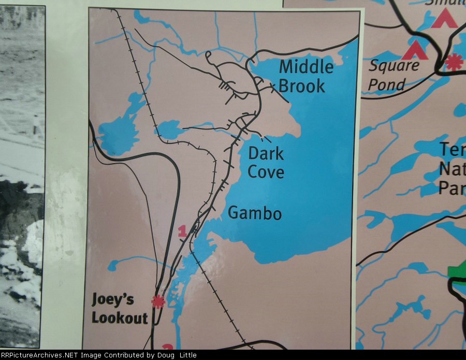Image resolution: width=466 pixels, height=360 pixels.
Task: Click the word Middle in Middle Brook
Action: coord(306,67)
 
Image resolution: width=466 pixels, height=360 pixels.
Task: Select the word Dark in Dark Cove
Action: coord(266,153)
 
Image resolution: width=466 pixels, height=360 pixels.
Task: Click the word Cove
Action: coord(266,171)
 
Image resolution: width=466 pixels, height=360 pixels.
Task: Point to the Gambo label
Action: coord(255,213)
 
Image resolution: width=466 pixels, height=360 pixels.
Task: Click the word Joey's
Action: coord(112,299)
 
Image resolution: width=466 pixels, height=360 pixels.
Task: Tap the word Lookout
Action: coord(120,318)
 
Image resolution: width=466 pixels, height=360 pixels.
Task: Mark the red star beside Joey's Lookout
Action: coord(157,301)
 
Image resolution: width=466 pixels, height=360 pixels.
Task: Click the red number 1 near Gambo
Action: coord(182,232)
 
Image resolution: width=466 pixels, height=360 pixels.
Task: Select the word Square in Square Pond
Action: coord(394,66)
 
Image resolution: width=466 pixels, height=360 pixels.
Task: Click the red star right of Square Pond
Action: coord(454,62)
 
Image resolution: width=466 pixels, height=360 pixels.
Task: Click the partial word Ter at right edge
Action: coord(452,150)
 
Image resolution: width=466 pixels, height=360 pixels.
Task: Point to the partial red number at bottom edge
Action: coord(167,347)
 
